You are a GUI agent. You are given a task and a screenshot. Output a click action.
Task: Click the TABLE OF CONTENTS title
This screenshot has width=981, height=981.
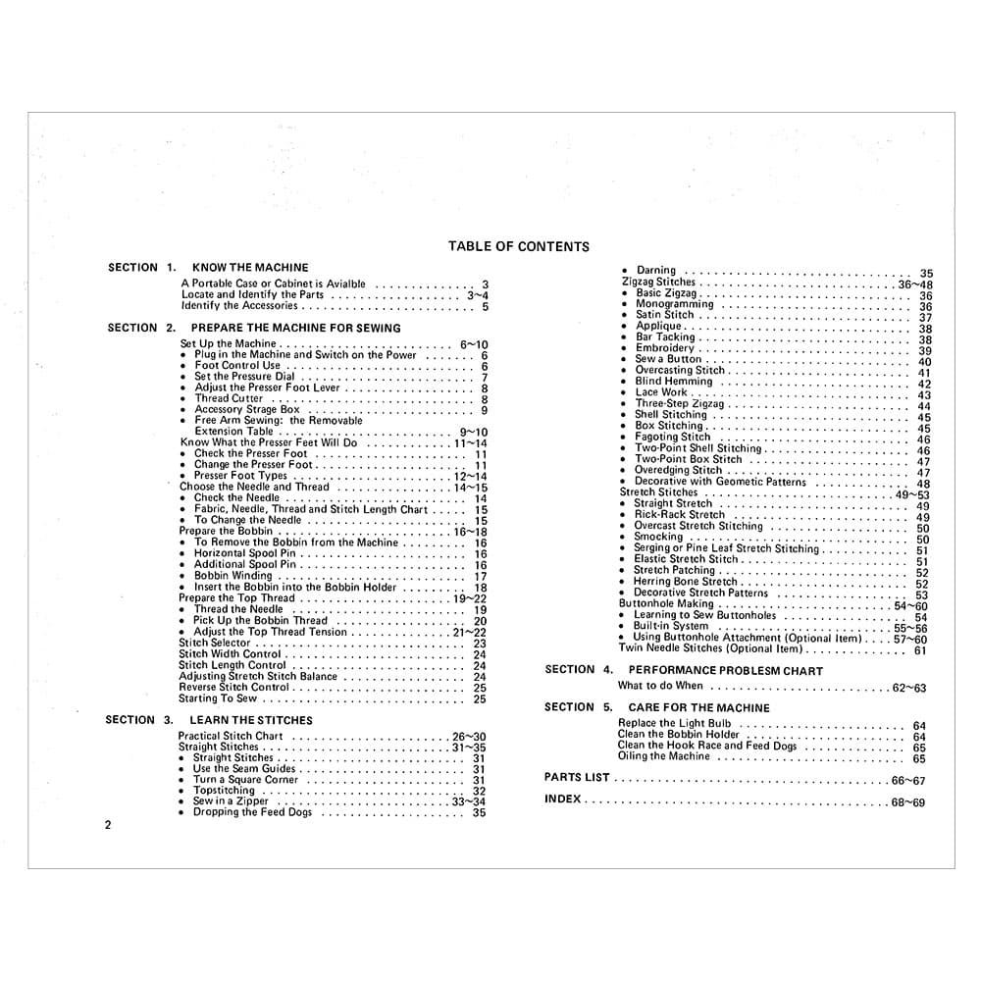coord(518,247)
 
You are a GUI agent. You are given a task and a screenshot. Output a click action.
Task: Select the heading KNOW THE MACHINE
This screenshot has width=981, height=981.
coord(250,267)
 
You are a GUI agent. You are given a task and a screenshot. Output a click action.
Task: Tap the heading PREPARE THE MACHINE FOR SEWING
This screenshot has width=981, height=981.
coord(295,328)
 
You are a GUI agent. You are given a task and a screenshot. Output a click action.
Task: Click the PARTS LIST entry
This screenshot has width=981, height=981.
coord(577,777)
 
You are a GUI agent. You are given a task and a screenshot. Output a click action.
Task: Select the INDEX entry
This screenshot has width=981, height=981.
coord(563,800)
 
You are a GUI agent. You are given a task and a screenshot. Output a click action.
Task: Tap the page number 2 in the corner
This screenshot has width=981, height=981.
coord(108,825)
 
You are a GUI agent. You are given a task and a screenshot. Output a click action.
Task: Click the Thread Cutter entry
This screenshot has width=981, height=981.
coord(229,398)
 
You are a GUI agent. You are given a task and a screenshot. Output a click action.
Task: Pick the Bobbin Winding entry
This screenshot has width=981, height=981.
coord(233,576)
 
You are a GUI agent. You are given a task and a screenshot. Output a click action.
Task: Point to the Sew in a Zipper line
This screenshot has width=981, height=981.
coord(231,801)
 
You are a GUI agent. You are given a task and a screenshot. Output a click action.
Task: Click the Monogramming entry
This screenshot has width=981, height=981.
coord(674,304)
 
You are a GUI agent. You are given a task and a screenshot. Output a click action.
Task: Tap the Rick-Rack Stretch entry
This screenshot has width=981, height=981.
coord(679,514)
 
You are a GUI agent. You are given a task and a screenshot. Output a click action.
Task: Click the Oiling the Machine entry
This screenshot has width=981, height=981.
coord(663,756)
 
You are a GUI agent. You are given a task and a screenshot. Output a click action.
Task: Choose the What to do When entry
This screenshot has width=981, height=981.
coord(660,687)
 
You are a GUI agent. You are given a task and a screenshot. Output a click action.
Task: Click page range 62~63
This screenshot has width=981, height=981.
coord(908,689)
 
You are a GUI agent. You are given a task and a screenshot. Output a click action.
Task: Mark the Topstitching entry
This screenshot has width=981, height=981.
coord(224,790)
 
